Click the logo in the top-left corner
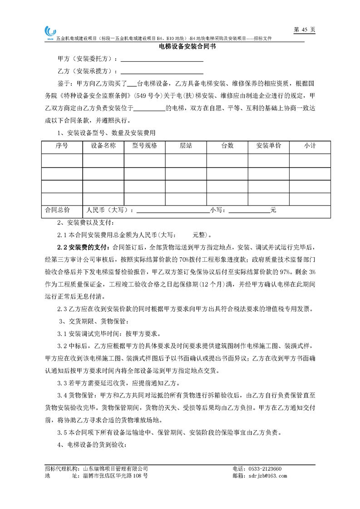[x=49, y=32]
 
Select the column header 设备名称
[x=103, y=146]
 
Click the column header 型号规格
[x=144, y=146]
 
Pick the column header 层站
[x=186, y=146]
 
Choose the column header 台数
[x=227, y=146]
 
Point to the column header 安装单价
[x=269, y=146]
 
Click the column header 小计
[x=310, y=146]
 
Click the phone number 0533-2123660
[x=263, y=469]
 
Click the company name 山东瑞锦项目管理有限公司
[x=116, y=469]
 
